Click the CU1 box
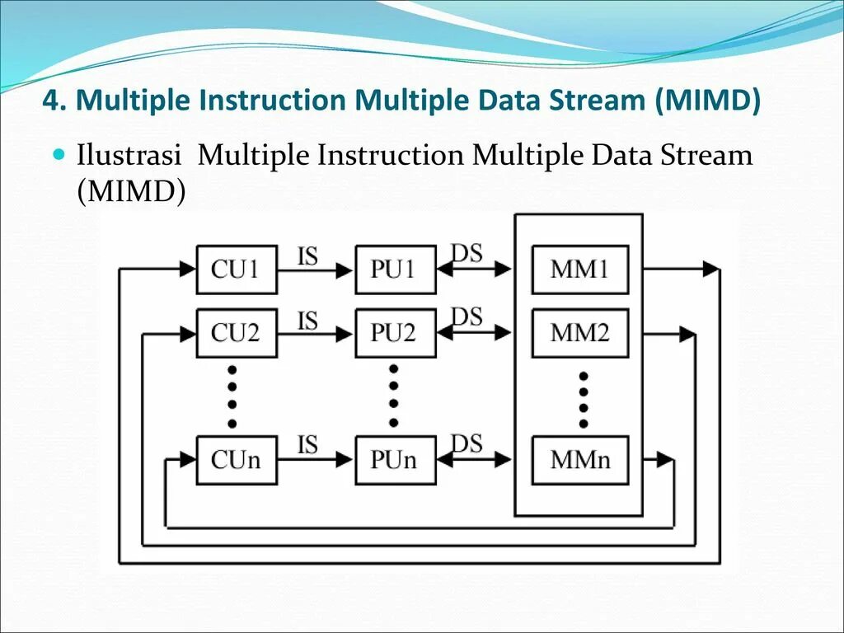237,270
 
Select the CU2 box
237,333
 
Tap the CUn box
237,459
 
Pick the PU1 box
395,270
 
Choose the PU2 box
395,333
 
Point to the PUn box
395,459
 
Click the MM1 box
580,270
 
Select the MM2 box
580,333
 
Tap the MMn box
580,459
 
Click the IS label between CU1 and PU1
307,256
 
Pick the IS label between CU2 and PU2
307,320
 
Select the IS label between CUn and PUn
307,445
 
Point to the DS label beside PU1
467,253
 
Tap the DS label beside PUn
467,443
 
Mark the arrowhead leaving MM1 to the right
710,269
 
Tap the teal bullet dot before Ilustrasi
59,154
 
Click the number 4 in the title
51,101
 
